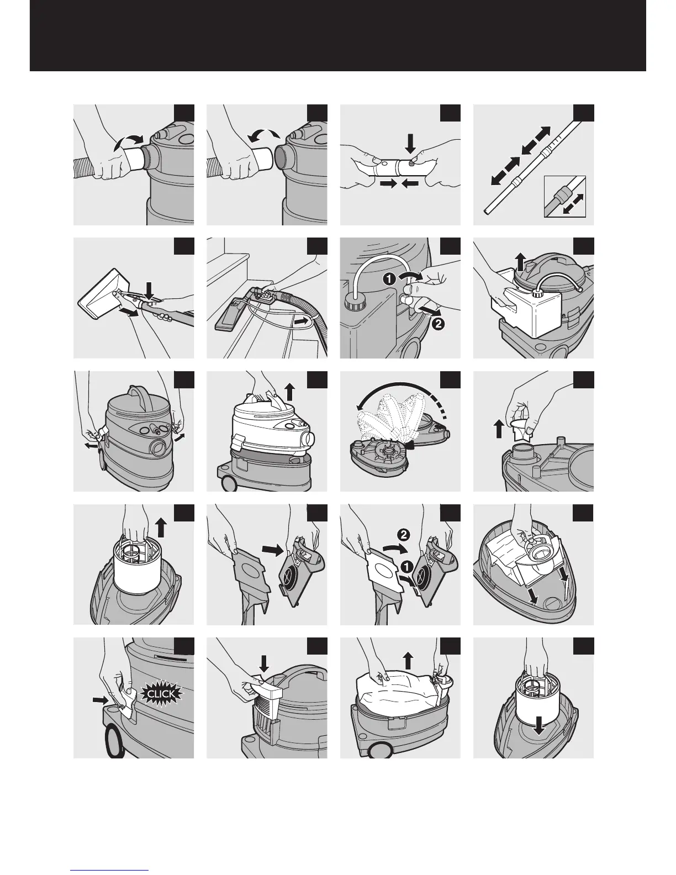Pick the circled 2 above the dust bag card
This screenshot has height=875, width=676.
[x=403, y=534]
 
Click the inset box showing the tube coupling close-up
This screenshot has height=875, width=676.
[x=564, y=196]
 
